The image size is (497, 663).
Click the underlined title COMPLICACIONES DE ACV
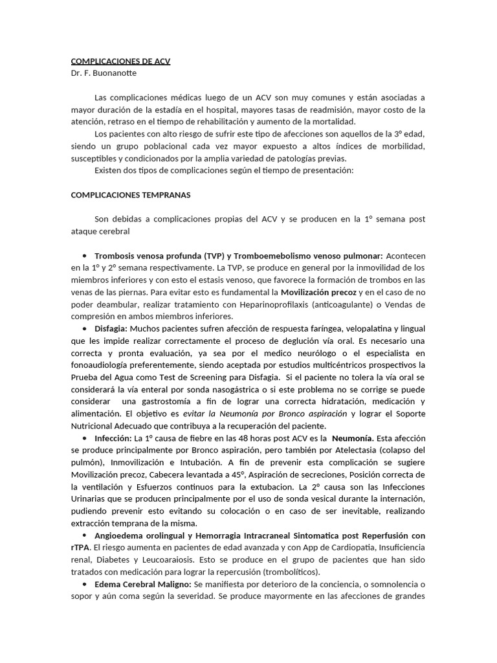(120, 62)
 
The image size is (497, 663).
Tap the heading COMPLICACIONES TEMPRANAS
(130, 194)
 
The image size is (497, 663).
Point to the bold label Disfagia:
(111, 329)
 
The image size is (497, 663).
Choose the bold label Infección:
(113, 438)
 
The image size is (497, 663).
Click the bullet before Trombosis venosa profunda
(85, 256)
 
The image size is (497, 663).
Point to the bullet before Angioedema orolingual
(85, 536)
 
